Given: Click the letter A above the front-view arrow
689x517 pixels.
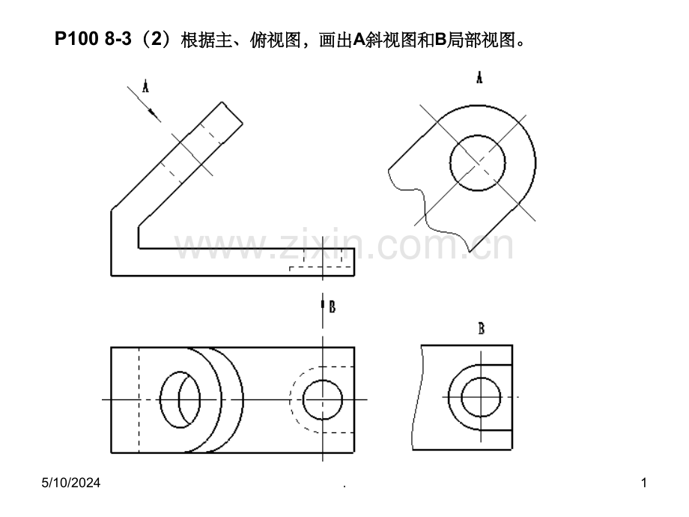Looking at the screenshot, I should click(x=145, y=87).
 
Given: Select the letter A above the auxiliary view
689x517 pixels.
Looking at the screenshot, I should click(x=479, y=77).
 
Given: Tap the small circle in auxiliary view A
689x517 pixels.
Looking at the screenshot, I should click(x=478, y=163).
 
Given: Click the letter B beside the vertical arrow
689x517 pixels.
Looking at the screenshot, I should click(x=331, y=306).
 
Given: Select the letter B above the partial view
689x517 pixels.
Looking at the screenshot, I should click(x=482, y=328).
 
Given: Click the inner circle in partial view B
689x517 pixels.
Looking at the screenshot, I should click(x=481, y=397).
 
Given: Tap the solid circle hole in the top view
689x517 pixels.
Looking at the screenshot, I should click(x=323, y=400).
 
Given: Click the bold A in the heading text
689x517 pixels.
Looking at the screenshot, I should click(x=358, y=40).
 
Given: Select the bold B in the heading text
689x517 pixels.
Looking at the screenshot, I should click(x=441, y=40).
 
